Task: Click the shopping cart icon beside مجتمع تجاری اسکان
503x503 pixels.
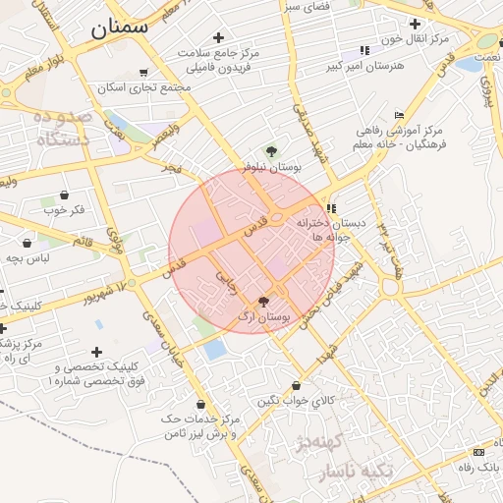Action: (x=144, y=72)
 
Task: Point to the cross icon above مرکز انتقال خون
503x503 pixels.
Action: (x=416, y=24)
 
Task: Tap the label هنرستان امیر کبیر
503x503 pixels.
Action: (x=366, y=66)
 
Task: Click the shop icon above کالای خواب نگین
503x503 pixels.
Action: (x=296, y=386)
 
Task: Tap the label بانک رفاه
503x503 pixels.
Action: (x=480, y=469)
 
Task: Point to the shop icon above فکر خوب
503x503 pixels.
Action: (x=64, y=195)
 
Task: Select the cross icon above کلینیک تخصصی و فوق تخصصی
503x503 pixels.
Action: (x=96, y=352)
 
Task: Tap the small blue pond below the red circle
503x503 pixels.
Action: (x=215, y=347)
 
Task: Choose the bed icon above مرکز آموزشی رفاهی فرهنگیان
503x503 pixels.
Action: (x=398, y=115)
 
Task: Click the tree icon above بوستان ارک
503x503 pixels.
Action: (x=263, y=302)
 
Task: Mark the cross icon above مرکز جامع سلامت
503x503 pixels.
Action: (x=217, y=37)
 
